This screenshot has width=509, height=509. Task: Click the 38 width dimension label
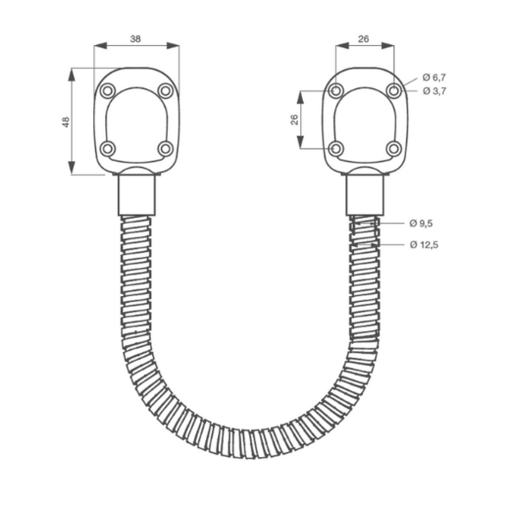(x=136, y=38)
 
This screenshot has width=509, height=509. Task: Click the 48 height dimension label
(x=65, y=122)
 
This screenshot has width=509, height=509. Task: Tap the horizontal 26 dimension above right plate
(x=364, y=38)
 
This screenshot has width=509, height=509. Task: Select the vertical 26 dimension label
(x=294, y=120)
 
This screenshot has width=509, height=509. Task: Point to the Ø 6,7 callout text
(x=433, y=77)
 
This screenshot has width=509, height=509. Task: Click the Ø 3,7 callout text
(x=433, y=91)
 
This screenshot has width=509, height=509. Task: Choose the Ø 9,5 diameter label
(x=421, y=223)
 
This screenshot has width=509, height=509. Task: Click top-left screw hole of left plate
(x=107, y=91)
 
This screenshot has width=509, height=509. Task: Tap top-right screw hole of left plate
(x=165, y=91)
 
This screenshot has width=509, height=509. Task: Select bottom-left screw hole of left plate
(x=107, y=148)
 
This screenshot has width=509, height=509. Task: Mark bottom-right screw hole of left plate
(x=165, y=148)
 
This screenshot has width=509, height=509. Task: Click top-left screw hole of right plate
(x=336, y=91)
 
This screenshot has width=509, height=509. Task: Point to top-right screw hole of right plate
(x=394, y=91)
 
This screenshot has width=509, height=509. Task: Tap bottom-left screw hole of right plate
(x=336, y=148)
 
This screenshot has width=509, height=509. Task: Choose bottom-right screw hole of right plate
(x=394, y=148)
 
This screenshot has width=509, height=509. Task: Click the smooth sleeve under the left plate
(x=137, y=193)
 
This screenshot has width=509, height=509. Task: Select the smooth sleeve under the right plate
(x=365, y=193)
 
